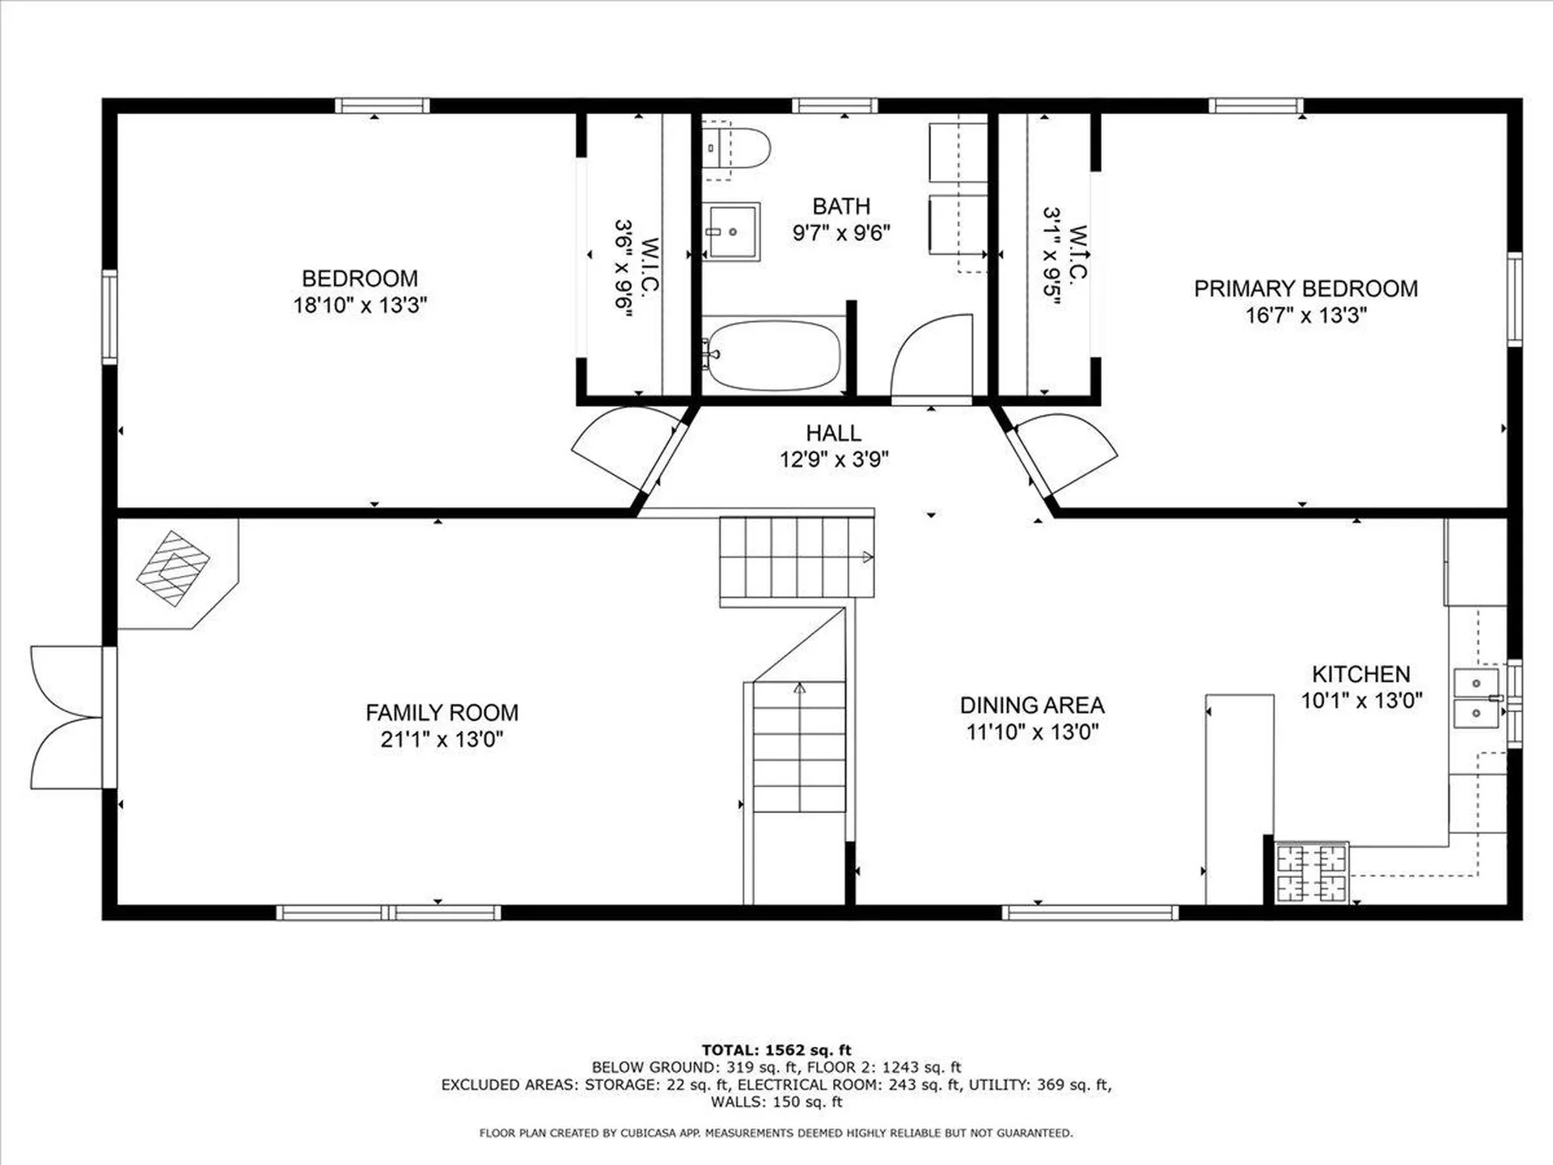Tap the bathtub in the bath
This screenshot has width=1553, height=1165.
[772, 355]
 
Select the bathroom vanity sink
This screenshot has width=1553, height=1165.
[730, 232]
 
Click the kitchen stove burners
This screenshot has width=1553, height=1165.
[1311, 873]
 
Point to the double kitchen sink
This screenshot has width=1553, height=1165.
[1476, 698]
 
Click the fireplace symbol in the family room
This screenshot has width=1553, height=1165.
[173, 568]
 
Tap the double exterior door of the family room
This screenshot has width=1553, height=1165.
[68, 718]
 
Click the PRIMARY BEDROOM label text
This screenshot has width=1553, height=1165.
[1305, 289]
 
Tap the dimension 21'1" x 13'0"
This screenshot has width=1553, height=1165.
[442, 739]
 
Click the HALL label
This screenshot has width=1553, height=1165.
[833, 433]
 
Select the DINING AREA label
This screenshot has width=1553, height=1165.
[1032, 705]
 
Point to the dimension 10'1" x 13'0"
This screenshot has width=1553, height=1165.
[1361, 701]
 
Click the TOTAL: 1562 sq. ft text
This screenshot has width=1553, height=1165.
[776, 1050]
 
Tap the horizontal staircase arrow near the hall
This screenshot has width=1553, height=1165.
[867, 557]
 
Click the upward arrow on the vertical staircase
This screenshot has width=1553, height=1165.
[799, 688]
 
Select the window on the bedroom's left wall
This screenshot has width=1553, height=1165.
[109, 316]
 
